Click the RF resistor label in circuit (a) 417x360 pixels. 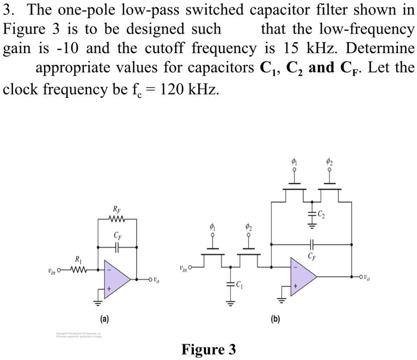tap(116, 210)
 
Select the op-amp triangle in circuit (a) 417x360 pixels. tap(116, 277)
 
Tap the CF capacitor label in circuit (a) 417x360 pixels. tap(116, 235)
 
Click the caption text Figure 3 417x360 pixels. tap(208, 349)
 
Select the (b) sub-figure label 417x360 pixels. tap(275, 319)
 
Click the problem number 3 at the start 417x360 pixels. tap(7, 10)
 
